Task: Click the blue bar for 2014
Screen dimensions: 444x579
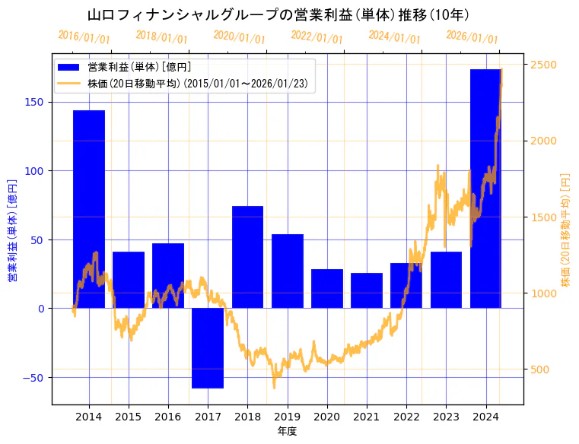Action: click(x=89, y=209)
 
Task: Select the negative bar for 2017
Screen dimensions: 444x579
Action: click(x=208, y=348)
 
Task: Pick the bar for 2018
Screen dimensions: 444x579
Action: click(x=247, y=257)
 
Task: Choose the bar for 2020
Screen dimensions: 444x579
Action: click(x=327, y=289)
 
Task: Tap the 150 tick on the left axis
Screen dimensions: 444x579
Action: click(x=35, y=103)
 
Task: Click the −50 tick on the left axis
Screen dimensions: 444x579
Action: click(x=33, y=377)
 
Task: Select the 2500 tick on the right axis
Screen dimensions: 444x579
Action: click(x=545, y=65)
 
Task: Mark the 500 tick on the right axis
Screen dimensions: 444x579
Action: click(x=542, y=369)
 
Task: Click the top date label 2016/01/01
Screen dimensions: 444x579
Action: click(x=84, y=37)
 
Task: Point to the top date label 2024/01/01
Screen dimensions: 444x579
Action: click(x=394, y=37)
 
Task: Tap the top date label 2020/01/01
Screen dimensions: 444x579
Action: click(x=240, y=37)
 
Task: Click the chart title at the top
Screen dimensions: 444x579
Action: click(x=278, y=15)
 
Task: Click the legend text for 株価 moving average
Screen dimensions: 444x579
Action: click(x=197, y=84)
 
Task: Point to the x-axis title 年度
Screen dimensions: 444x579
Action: click(x=287, y=431)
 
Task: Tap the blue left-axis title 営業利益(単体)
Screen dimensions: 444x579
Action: click(x=12, y=230)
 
